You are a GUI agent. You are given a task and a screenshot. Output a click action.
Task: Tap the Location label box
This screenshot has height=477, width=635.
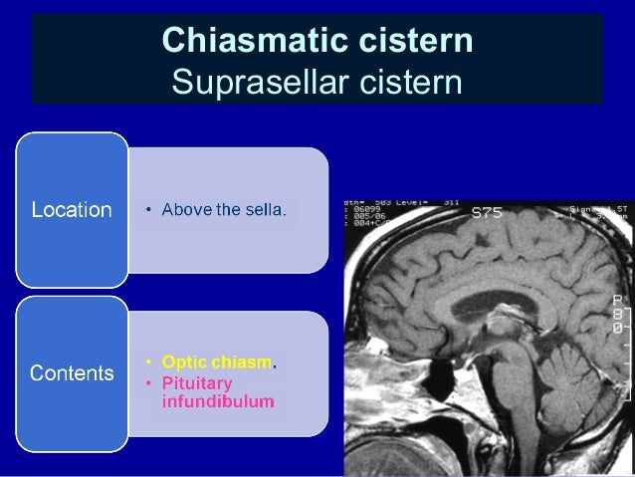point(72,210)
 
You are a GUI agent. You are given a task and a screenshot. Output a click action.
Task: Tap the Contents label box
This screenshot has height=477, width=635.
point(72,374)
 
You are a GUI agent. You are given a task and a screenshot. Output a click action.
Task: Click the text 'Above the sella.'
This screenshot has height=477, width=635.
point(224,210)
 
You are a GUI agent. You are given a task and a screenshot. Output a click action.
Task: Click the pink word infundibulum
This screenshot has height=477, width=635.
point(217,402)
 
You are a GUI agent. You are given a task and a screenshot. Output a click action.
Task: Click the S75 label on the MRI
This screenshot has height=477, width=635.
point(487,212)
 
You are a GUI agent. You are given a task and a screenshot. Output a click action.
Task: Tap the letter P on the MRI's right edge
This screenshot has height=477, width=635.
point(617,299)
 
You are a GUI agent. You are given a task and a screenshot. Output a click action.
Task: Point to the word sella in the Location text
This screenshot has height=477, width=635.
point(267,210)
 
